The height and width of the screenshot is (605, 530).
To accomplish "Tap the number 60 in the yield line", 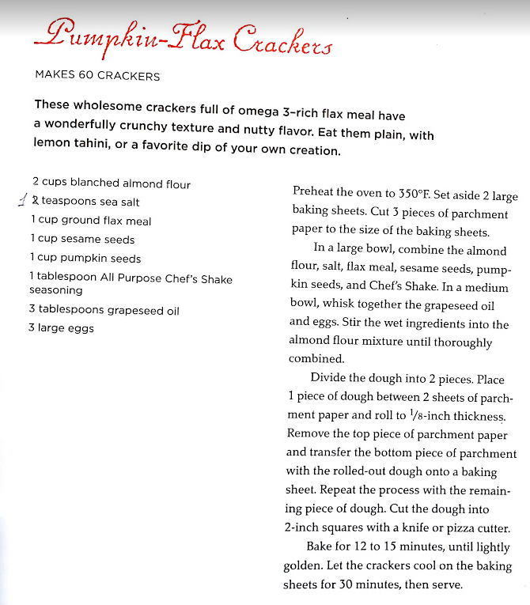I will [x=83, y=77].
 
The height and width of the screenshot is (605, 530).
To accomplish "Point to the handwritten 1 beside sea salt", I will [x=22, y=200].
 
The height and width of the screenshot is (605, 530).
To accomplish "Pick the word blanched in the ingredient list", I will [x=95, y=183].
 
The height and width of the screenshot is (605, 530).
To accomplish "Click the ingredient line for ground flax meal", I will [x=90, y=221].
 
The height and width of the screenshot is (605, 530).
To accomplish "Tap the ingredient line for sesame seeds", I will [x=82, y=240].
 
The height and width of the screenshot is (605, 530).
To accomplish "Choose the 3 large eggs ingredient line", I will [x=61, y=328].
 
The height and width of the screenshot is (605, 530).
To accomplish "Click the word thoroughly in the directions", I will [x=461, y=342].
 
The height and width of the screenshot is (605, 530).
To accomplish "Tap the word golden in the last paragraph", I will [x=303, y=566].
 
